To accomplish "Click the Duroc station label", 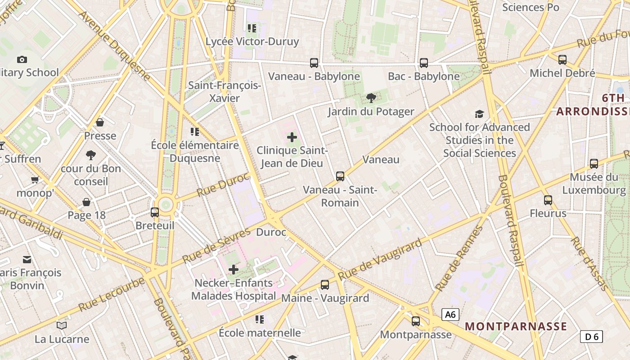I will [x=271, y=232].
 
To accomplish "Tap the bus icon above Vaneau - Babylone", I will [x=314, y=63].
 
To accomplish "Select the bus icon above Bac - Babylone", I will [x=424, y=63].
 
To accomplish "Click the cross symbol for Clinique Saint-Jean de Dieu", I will [x=292, y=137].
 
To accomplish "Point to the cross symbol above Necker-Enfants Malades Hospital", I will [x=234, y=270].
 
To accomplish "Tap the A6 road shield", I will [x=450, y=315].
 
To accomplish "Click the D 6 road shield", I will [x=591, y=336].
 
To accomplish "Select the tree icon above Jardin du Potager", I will [x=371, y=98].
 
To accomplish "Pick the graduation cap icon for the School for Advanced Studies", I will [x=479, y=114].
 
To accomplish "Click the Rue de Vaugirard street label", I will [x=380, y=259].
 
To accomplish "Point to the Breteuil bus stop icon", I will [x=155, y=212].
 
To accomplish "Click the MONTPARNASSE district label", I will [x=516, y=326].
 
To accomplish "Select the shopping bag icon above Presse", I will [x=100, y=122].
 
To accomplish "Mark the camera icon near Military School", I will [x=22, y=59].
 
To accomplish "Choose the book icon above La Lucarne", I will [x=62, y=325].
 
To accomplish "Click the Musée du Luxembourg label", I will [x=597, y=184].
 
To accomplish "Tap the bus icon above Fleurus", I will [x=548, y=200].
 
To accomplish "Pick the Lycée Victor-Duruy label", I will [x=252, y=42].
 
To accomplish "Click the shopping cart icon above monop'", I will [x=35, y=180].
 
